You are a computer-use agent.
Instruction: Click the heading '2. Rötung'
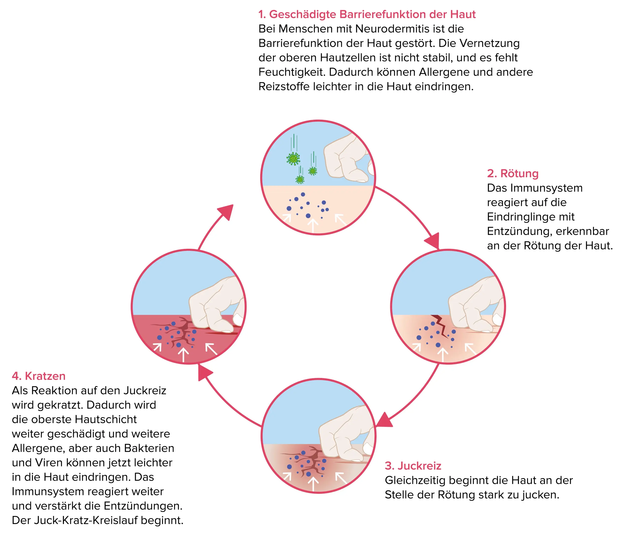512,174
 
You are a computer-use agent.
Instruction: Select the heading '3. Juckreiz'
413,466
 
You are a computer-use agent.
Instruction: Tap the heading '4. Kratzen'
39,376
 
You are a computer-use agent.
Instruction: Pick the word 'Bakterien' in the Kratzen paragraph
149,448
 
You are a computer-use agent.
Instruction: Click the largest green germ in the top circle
293,159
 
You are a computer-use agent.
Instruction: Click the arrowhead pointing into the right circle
433,241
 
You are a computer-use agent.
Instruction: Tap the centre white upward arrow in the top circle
313,225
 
